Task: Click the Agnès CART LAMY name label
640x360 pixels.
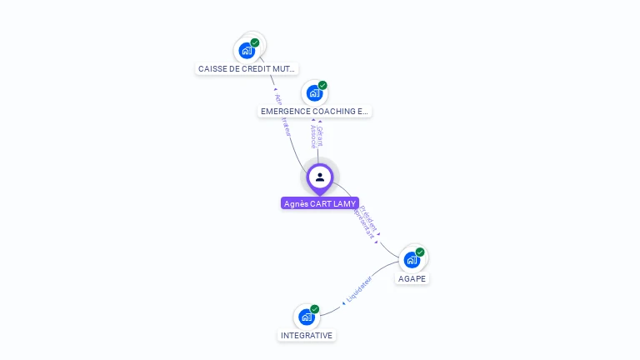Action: tap(320, 203)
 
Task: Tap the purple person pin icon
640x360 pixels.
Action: tap(320, 177)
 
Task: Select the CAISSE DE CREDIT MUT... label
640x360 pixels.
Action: tap(247, 68)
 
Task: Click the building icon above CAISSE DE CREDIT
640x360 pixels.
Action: tap(246, 51)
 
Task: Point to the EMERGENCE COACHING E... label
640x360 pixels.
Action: tap(314, 111)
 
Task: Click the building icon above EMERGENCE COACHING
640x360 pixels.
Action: tap(313, 92)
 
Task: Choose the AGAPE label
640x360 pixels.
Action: tap(412, 278)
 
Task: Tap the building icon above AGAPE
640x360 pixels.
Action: tap(411, 260)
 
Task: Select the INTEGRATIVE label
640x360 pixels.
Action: tap(307, 336)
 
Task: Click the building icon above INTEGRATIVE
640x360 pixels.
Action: tap(306, 317)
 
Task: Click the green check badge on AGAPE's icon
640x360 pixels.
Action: tap(420, 252)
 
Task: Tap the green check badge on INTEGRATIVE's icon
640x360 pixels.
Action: tap(315, 309)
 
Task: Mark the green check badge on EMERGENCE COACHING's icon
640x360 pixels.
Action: tap(322, 85)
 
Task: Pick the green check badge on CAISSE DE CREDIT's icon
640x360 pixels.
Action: tap(255, 42)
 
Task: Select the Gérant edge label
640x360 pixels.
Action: tap(320, 137)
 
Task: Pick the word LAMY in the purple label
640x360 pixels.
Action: tap(344, 203)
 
